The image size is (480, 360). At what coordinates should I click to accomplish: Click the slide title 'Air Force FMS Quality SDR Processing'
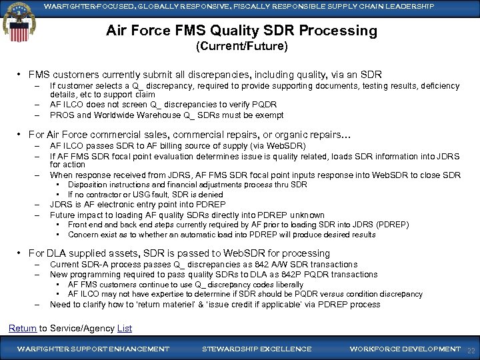tap(241, 31)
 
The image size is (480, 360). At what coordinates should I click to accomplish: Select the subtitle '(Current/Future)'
tap(241, 47)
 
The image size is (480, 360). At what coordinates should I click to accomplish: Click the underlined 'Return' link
tap(22, 328)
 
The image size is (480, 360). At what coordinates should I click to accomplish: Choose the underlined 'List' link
tap(124, 328)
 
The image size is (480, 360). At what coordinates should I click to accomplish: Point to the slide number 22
tap(471, 349)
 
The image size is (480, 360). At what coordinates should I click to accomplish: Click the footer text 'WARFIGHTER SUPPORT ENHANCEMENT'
tap(93, 349)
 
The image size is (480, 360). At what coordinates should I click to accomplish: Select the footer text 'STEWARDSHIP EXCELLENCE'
tap(257, 349)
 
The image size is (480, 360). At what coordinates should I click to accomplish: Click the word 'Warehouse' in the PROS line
tap(154, 114)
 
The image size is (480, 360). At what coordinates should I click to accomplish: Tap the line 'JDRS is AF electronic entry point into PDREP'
tap(137, 205)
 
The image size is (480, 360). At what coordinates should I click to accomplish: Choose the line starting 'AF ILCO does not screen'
tap(163, 104)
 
